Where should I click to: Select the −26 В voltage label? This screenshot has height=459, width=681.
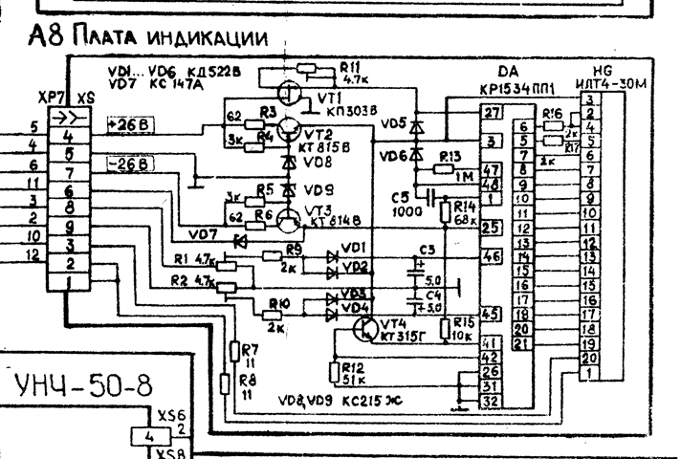click(x=130, y=165)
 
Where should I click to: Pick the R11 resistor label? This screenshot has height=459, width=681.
click(x=349, y=65)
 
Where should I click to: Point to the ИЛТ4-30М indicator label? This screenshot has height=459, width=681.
click(x=611, y=84)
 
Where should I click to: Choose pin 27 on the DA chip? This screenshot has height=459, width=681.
click(x=492, y=114)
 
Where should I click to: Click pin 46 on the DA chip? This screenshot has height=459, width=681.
click(x=492, y=256)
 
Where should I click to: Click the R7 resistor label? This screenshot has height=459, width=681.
click(x=252, y=349)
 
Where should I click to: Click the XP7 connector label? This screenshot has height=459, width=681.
click(x=47, y=98)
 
